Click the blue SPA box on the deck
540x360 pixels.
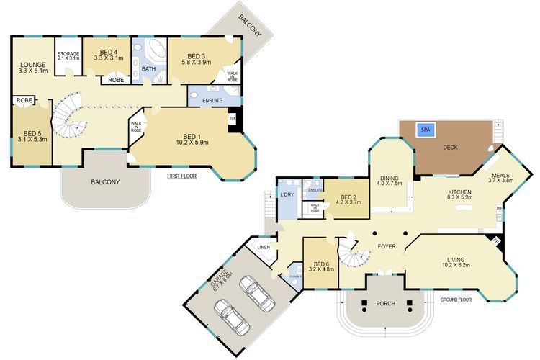point(426,130)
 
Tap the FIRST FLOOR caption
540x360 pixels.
point(181,176)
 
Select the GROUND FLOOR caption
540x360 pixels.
point(455,300)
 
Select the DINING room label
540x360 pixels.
point(389,179)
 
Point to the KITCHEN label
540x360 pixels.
point(459,192)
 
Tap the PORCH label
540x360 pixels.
point(386,304)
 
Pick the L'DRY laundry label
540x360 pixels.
point(286,194)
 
